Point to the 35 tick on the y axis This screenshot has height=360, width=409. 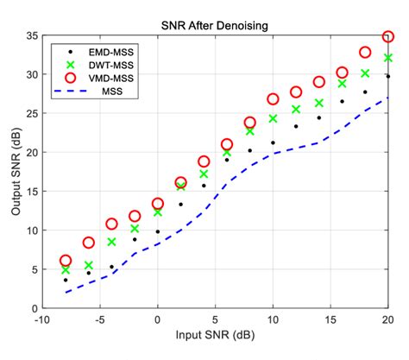point(32,36)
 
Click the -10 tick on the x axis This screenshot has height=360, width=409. point(42,319)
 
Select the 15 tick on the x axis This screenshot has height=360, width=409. point(330,319)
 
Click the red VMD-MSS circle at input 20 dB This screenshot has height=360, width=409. point(388,37)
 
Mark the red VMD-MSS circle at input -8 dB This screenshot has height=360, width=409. point(66,260)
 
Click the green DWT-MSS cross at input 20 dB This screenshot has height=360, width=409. point(388,58)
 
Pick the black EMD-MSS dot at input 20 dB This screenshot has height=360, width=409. point(388,77)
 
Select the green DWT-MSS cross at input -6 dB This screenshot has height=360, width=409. point(89,265)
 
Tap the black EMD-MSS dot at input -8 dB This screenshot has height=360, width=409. point(66,280)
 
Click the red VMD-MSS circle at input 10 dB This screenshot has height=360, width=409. point(273,99)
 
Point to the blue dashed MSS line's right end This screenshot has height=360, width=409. point(387,98)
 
